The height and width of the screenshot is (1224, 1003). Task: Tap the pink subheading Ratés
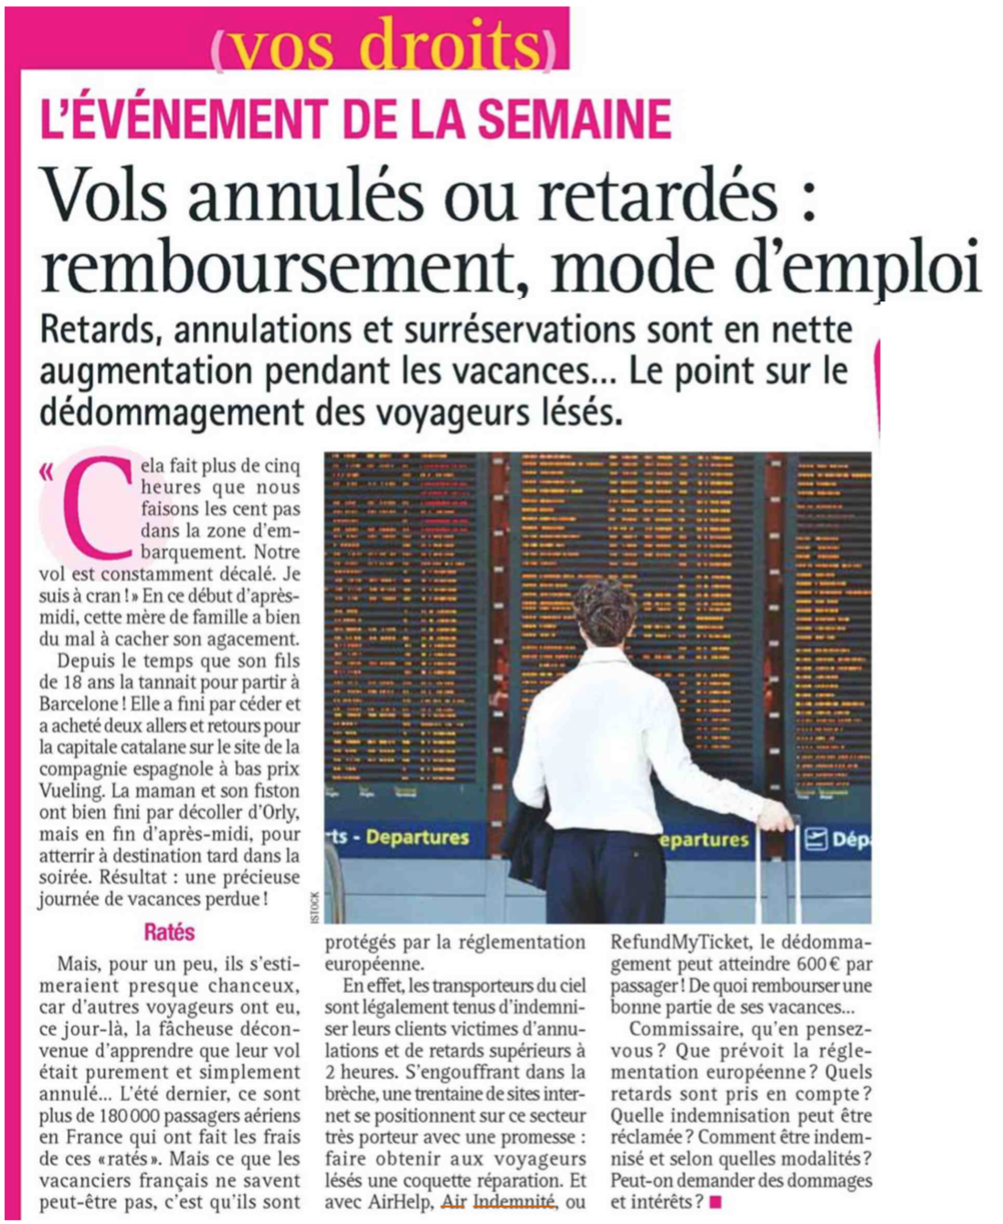(x=169, y=933)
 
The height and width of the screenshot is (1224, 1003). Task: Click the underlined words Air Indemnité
(x=498, y=1202)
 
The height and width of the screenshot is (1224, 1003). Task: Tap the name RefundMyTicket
(x=679, y=942)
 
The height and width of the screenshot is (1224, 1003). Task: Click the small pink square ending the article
(x=715, y=1202)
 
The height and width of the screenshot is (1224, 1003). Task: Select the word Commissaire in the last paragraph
(x=691, y=1029)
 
